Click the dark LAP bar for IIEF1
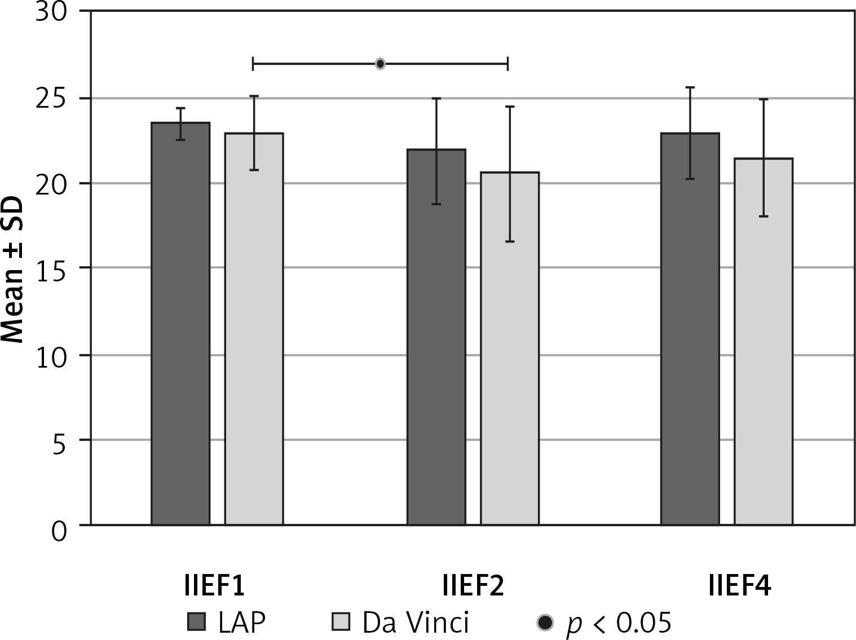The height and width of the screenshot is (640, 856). [180, 324]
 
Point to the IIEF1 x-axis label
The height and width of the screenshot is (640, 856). [214, 587]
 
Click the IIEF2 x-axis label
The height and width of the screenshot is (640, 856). [473, 587]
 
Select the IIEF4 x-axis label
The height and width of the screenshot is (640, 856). [739, 587]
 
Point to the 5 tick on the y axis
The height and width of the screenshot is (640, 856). [59, 440]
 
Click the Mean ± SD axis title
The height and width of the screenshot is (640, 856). [12, 269]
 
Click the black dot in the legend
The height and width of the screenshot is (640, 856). [545, 623]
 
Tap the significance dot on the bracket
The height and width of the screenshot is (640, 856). [380, 64]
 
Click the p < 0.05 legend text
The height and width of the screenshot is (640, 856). [619, 623]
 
